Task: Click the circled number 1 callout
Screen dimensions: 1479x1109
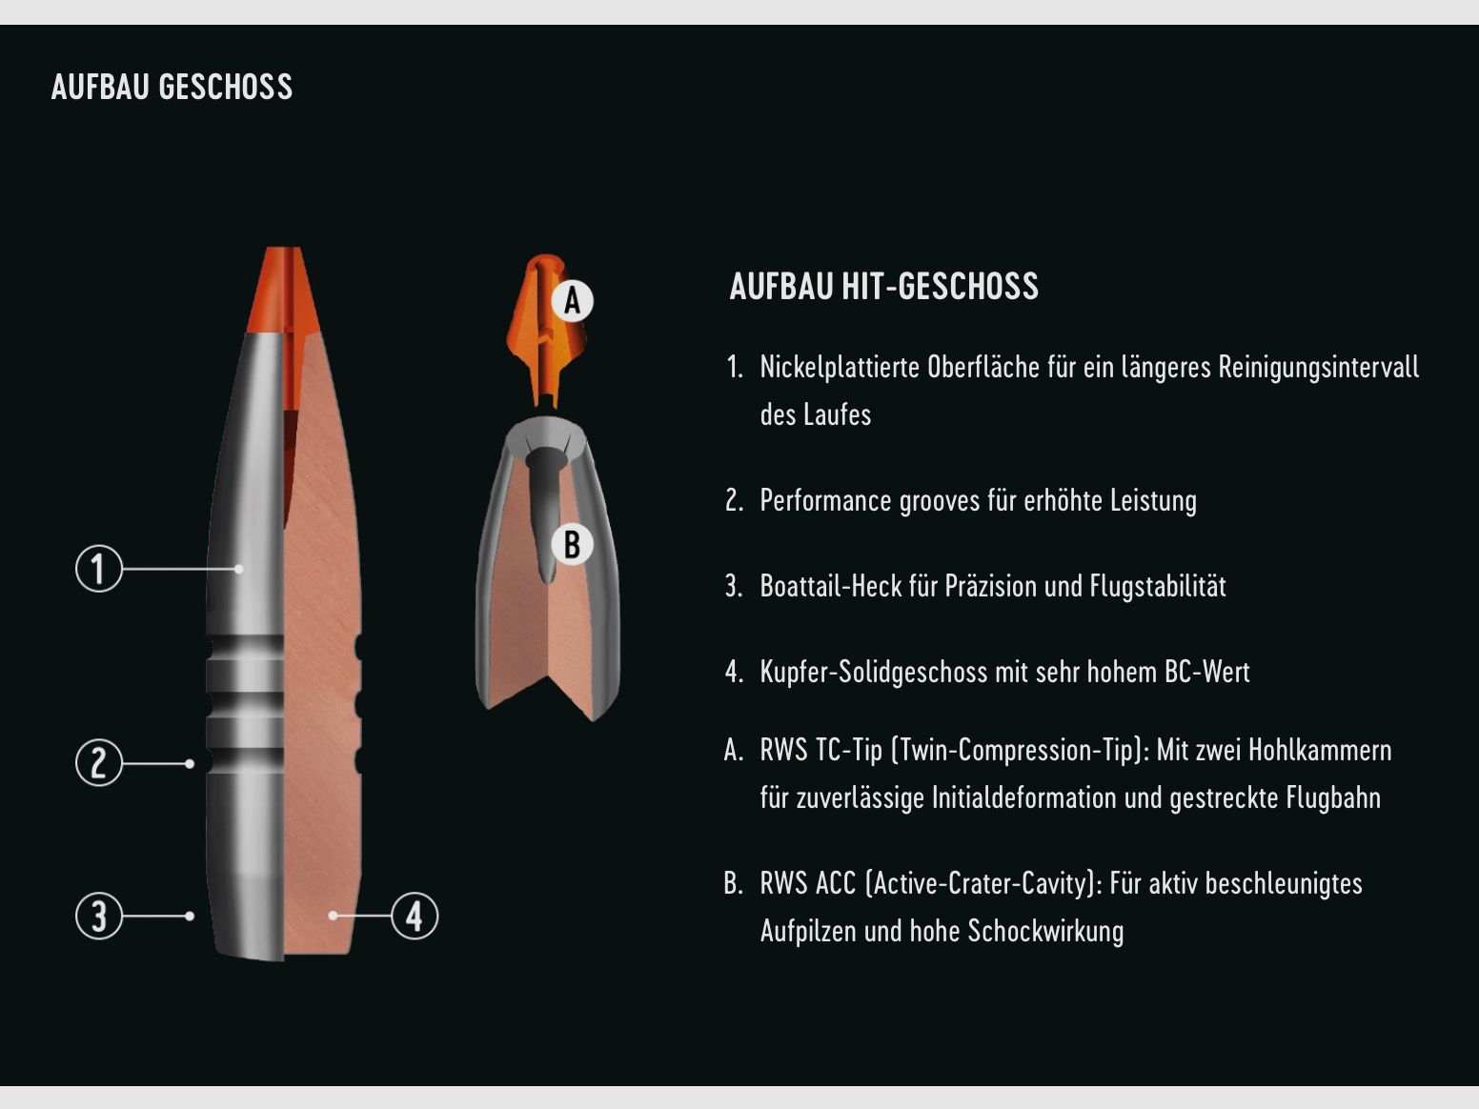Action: point(99,569)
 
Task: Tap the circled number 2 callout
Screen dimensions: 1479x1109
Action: point(99,763)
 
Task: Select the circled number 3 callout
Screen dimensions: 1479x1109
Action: point(99,916)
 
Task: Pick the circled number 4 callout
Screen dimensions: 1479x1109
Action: point(415,916)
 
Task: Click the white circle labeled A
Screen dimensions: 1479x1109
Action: point(572,300)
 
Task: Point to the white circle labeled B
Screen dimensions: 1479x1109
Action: point(572,544)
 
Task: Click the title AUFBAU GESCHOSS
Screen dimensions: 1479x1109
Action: point(172,87)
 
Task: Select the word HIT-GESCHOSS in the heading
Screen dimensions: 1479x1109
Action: point(940,286)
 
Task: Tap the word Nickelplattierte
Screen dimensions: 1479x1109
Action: point(839,368)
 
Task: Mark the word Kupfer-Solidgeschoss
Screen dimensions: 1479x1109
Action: point(873,672)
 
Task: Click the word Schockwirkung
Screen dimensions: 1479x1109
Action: point(1045,931)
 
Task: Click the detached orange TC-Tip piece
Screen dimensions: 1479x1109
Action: point(546,331)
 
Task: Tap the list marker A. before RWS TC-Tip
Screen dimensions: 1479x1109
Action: point(733,750)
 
